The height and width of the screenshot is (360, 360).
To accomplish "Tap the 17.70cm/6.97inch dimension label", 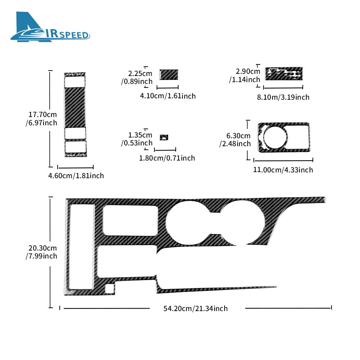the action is click(x=41, y=118).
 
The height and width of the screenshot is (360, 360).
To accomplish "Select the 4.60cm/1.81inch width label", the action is click(x=76, y=176).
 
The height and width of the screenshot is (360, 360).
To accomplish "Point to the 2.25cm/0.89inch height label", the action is click(x=137, y=77).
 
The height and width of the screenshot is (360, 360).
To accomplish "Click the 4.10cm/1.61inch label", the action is click(x=168, y=96).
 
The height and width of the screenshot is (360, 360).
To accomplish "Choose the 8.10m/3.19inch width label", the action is click(x=283, y=97).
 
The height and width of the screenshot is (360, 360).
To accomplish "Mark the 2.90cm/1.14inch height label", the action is click(x=245, y=75).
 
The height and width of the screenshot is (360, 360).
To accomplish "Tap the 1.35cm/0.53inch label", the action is click(x=137, y=139).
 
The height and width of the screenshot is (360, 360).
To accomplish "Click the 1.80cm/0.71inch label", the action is click(x=167, y=158).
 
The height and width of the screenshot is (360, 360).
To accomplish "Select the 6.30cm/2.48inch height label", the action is click(x=235, y=140).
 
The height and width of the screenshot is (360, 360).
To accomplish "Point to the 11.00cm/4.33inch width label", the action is click(x=283, y=170).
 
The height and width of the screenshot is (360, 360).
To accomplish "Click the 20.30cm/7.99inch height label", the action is click(x=41, y=252).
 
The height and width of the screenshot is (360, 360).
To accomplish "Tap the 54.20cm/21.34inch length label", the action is click(x=195, y=309).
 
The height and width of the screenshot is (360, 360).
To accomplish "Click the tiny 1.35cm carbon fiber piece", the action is click(x=164, y=137).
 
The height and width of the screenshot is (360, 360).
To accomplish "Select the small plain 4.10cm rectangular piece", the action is click(x=169, y=75).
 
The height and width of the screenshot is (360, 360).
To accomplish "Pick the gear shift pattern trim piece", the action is click(x=284, y=74).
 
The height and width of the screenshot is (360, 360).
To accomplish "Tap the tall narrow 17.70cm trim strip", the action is click(x=75, y=114).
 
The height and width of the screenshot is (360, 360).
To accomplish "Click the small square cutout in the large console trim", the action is click(x=109, y=288).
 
